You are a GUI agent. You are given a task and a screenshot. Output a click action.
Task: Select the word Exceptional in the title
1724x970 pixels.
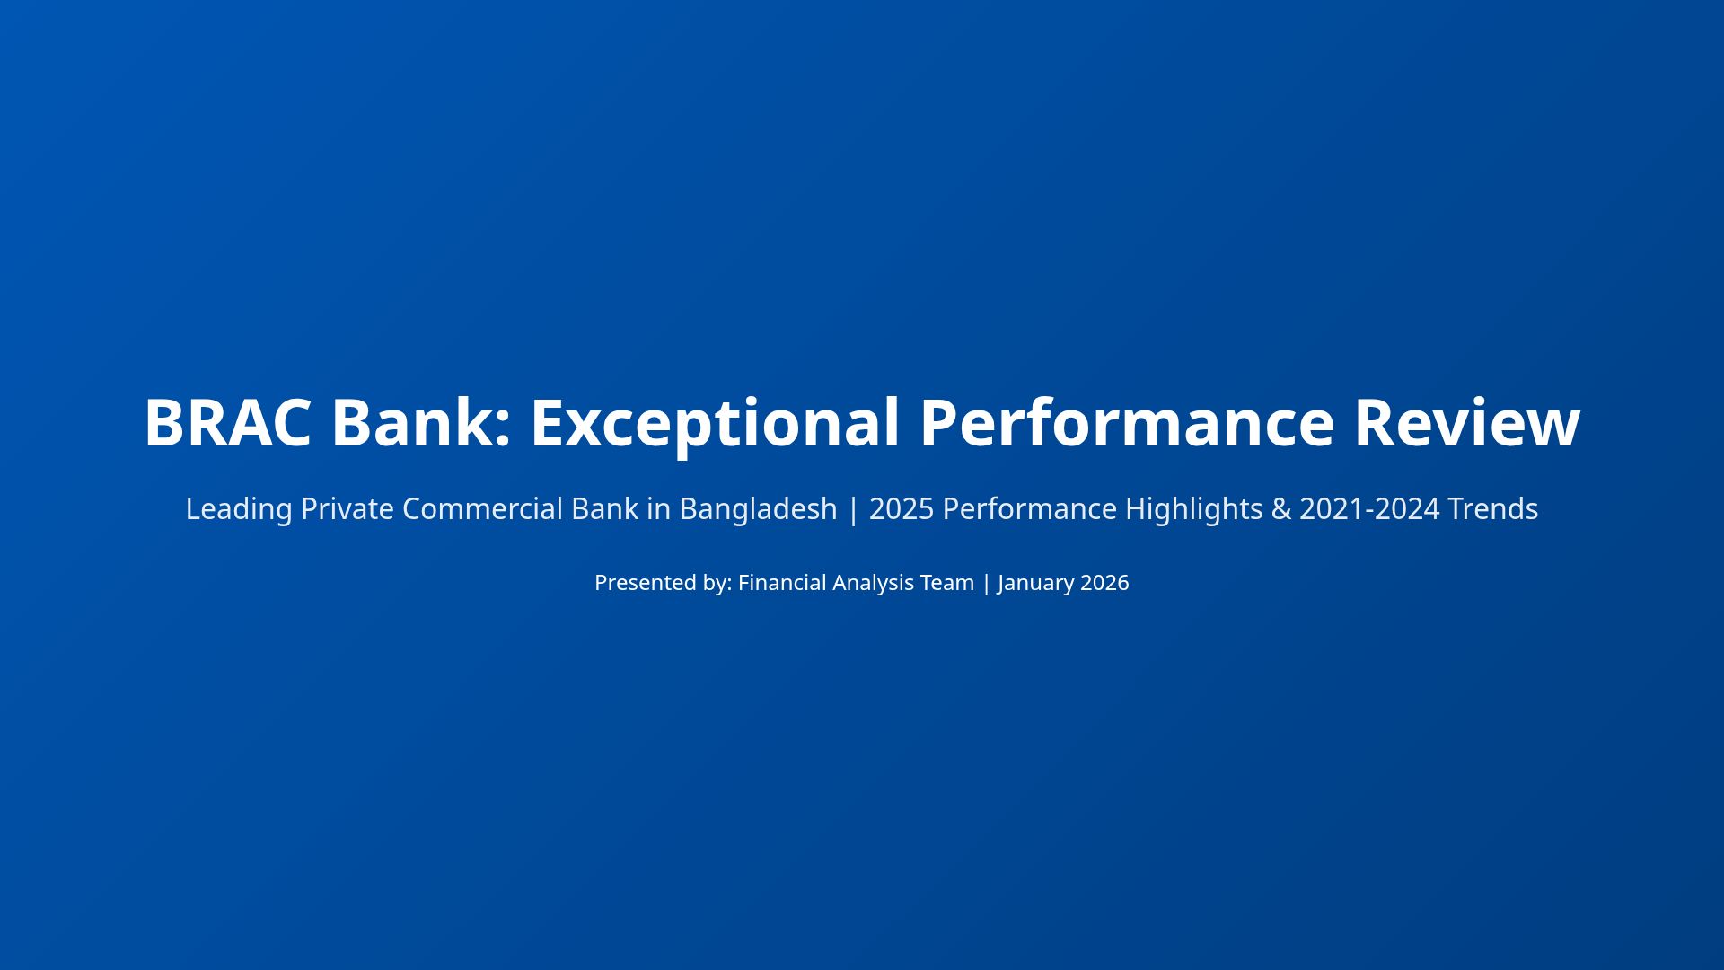pyautogui.click(x=715, y=423)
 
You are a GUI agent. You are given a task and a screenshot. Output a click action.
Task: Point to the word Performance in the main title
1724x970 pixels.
pyautogui.click(x=1127, y=423)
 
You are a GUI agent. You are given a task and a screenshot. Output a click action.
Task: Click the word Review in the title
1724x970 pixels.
pyautogui.click(x=1466, y=423)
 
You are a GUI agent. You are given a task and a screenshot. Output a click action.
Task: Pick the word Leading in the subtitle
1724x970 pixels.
pyautogui.click(x=239, y=509)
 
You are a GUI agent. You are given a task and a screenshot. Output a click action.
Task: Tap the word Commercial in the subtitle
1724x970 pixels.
pyautogui.click(x=482, y=509)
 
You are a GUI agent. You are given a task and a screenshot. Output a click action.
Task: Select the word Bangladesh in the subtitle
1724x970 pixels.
pyautogui.click(x=758, y=509)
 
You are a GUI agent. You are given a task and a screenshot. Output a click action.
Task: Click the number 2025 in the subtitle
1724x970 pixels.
pyautogui.click(x=902, y=509)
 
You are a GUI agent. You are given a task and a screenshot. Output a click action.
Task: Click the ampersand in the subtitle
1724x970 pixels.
pyautogui.click(x=1280, y=509)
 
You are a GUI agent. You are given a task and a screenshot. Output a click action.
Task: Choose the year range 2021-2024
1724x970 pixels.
pyautogui.click(x=1369, y=509)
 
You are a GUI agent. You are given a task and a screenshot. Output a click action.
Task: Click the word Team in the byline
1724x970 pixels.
pyautogui.click(x=946, y=583)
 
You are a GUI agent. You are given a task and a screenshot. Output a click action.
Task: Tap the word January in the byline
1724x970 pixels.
pyautogui.click(x=1035, y=583)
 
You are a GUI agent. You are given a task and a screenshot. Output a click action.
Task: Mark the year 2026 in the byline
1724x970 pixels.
pyautogui.click(x=1104, y=583)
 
